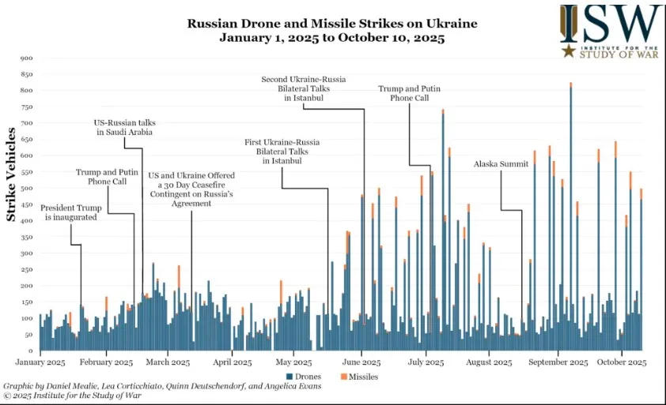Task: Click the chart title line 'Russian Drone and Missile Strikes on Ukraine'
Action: [331, 23]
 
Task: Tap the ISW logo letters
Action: [611, 25]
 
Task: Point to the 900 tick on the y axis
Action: [27, 58]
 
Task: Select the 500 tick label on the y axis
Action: [27, 188]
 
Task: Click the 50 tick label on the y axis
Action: [29, 334]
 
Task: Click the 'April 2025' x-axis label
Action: [233, 362]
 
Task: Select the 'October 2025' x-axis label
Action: [622, 362]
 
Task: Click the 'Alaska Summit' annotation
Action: [501, 164]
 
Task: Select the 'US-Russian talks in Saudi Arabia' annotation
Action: [124, 127]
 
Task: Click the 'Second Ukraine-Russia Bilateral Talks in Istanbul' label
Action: [303, 88]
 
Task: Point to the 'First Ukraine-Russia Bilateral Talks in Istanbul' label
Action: [282, 151]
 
